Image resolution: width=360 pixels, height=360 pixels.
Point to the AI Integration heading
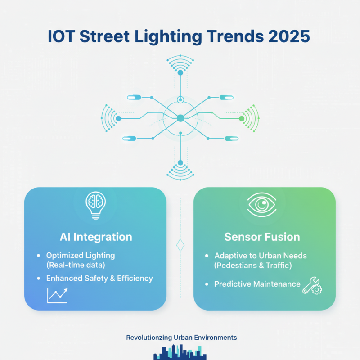96,237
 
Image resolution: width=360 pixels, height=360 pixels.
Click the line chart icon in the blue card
57,295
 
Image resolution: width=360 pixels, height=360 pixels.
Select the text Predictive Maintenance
257,284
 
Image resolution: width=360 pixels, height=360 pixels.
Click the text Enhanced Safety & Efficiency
100,278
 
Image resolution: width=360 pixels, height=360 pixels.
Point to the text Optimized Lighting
81,255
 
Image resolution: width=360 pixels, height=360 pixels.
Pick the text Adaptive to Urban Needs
261,256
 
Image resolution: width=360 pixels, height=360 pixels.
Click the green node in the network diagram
242,118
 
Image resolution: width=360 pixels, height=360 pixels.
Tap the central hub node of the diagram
180,118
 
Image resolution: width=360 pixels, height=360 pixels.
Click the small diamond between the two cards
180,245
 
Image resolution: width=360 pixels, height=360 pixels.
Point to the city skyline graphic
180,352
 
